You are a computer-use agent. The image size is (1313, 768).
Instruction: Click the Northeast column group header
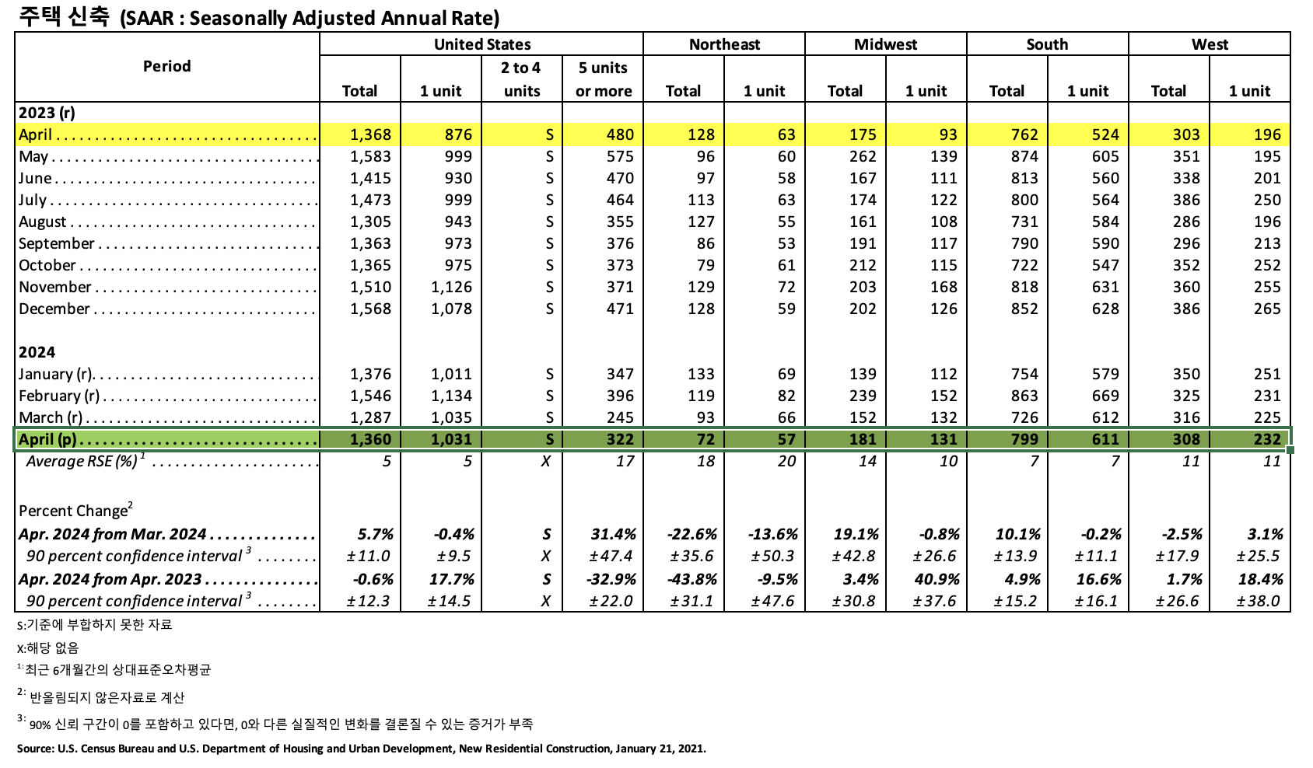pyautogui.click(x=724, y=44)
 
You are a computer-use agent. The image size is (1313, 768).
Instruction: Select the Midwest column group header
pyautogui.click(x=885, y=44)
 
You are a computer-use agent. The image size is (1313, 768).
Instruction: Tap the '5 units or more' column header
pyautogui.click(x=603, y=79)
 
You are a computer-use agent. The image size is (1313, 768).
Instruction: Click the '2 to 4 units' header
pyautogui.click(x=521, y=79)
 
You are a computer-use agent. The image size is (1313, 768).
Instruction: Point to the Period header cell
pyautogui.click(x=166, y=66)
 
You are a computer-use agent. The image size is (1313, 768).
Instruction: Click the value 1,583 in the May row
pyautogui.click(x=370, y=156)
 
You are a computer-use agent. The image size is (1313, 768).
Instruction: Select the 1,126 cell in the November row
pyautogui.click(x=451, y=287)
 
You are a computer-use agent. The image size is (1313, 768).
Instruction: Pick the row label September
pyautogui.click(x=57, y=243)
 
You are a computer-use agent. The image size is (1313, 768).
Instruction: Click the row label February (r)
pyautogui.click(x=59, y=396)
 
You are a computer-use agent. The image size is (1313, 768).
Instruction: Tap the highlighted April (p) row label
pyautogui.click(x=47, y=439)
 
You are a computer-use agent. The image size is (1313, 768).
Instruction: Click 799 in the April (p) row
pyautogui.click(x=1024, y=439)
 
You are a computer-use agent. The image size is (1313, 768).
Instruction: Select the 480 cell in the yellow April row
pyautogui.click(x=620, y=134)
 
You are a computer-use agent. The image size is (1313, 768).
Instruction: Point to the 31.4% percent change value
pyautogui.click(x=613, y=534)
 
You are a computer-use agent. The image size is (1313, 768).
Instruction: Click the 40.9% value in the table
pyautogui.click(x=937, y=579)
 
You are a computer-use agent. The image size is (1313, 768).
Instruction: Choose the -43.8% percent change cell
pyautogui.click(x=692, y=579)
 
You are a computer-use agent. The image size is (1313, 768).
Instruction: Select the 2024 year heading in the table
pyautogui.click(x=37, y=352)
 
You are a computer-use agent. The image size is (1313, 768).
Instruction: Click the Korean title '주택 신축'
pyautogui.click(x=64, y=16)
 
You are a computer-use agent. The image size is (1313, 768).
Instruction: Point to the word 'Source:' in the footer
pyautogui.click(x=35, y=749)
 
